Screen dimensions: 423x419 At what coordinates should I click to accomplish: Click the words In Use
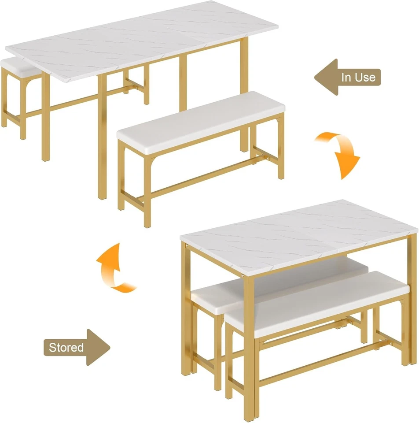[x=359, y=78]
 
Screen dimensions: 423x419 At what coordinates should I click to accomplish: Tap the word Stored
[x=66, y=347]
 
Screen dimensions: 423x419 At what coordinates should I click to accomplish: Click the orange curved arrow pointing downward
[x=339, y=152]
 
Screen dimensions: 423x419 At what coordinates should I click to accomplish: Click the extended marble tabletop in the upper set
[x=141, y=40]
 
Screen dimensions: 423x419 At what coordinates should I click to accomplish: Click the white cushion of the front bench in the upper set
[x=198, y=119]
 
